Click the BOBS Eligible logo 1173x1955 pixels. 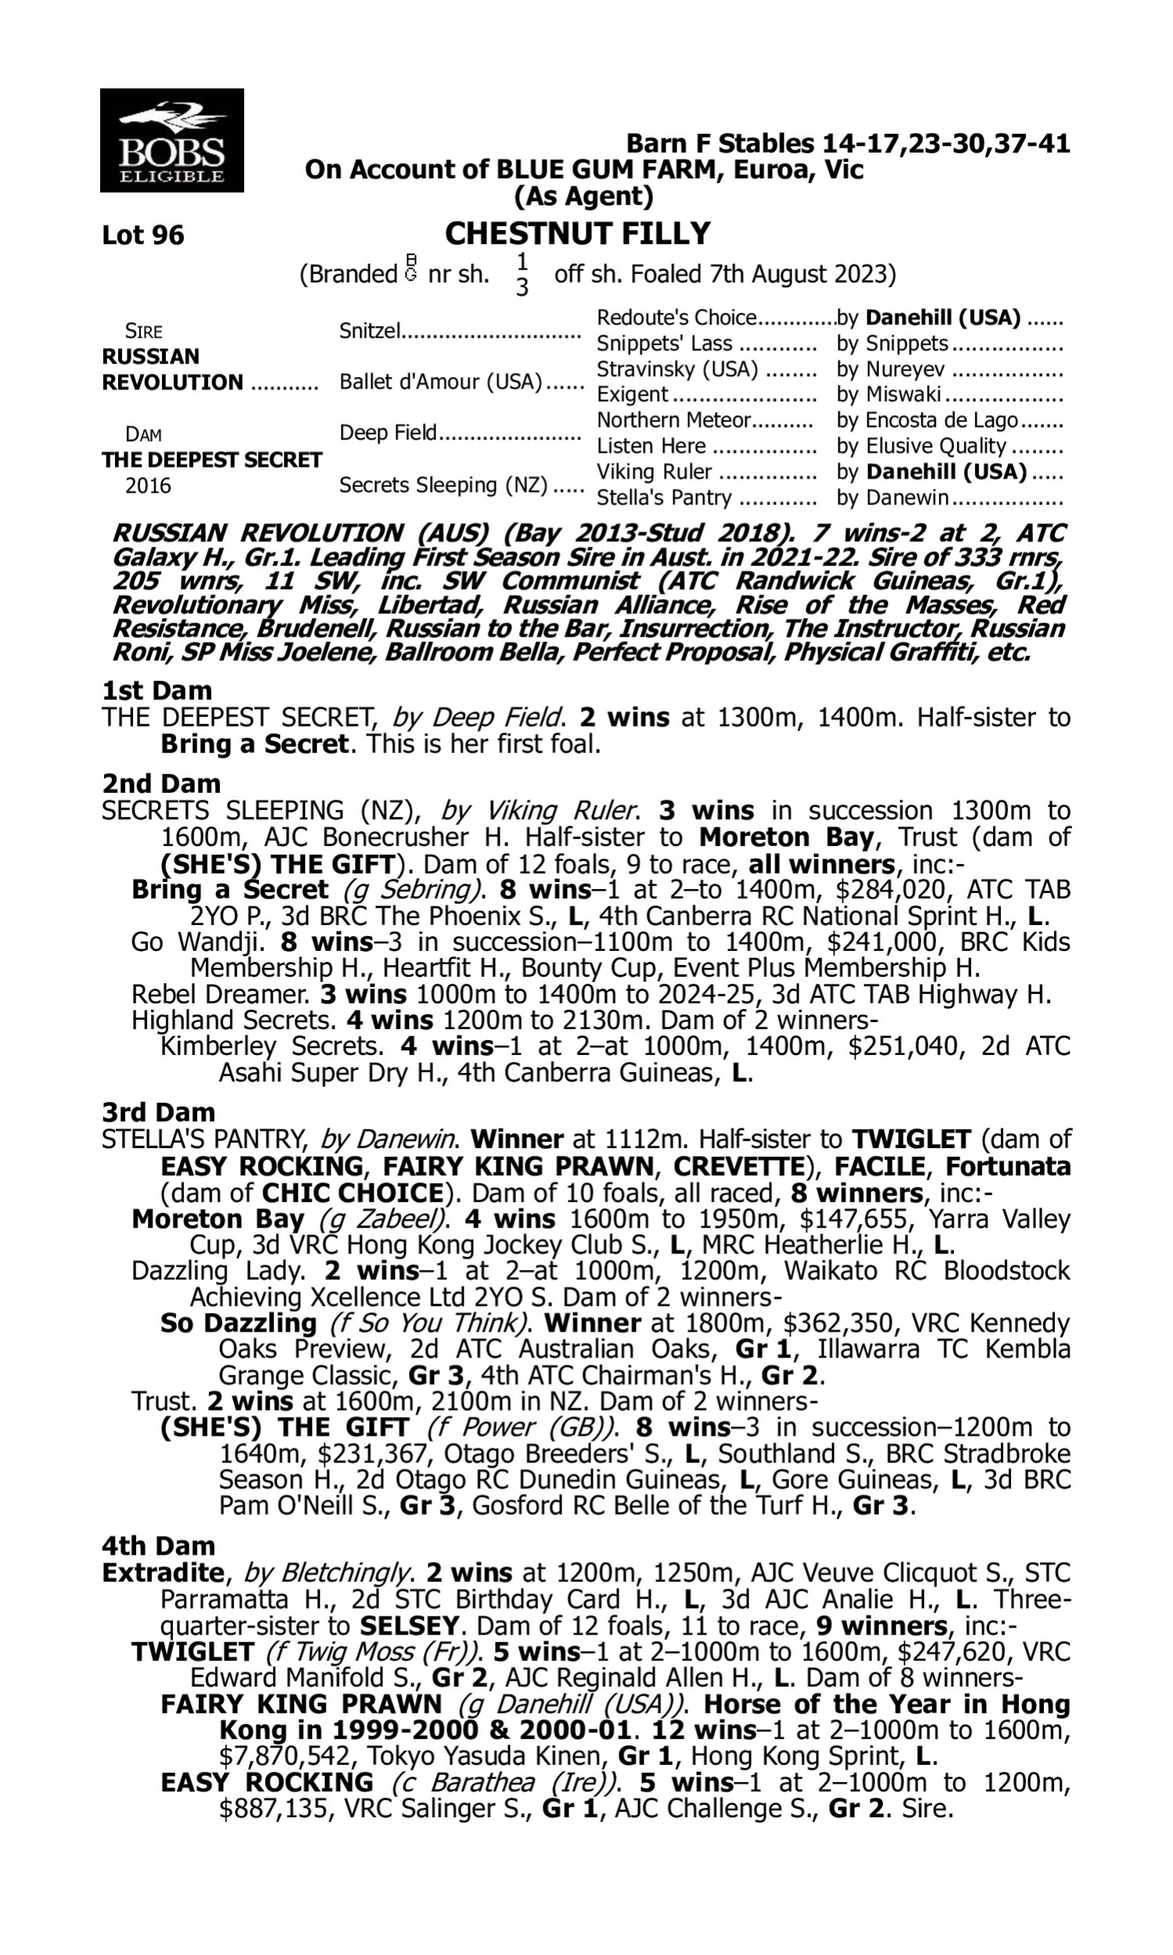coord(171,141)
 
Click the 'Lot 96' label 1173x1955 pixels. coord(143,235)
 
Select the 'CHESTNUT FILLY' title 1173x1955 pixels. coord(578,234)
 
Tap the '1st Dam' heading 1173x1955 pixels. coord(157,691)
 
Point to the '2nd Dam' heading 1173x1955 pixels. coord(161,784)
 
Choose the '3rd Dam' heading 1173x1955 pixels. coord(159,1113)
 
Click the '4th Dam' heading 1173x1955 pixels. coord(159,1546)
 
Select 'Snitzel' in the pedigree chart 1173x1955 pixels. coord(370,330)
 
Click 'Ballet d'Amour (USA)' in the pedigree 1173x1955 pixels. coord(440,382)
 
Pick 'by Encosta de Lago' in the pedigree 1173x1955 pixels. coord(927,421)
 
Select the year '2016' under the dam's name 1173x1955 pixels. coord(148,486)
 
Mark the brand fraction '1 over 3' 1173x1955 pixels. coord(522,274)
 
